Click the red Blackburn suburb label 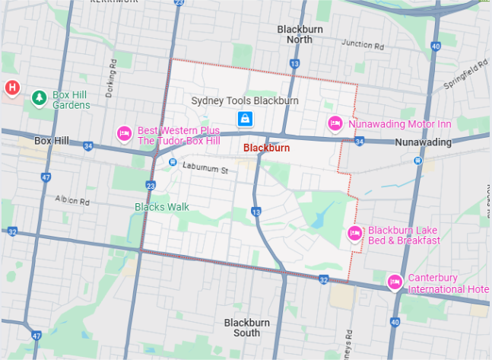(x=266, y=148)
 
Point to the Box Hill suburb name (x=52, y=142)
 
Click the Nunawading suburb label (x=423, y=142)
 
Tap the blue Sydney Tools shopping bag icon (x=245, y=119)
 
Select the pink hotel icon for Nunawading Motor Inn (x=335, y=123)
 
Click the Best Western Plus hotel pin (x=125, y=134)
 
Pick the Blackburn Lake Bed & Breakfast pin (x=354, y=234)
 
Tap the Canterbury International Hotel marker (x=394, y=282)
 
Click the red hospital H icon (x=12, y=88)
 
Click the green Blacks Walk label (x=161, y=206)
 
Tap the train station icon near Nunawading (x=417, y=161)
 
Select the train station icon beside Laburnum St (x=173, y=162)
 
